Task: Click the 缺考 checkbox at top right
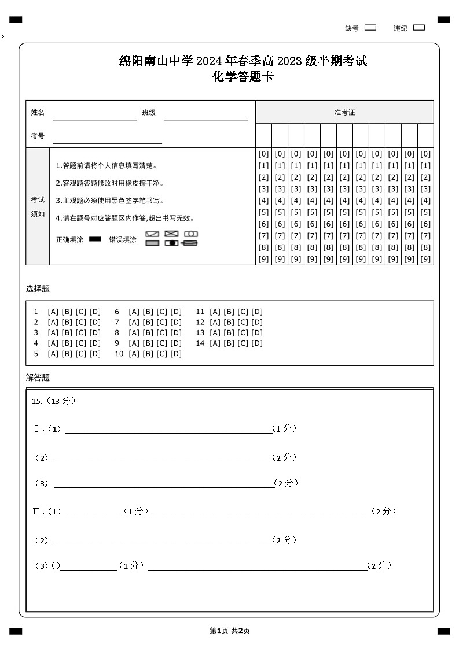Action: click(x=370, y=28)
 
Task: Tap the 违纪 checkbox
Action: click(x=419, y=28)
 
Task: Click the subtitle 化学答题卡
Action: click(x=243, y=76)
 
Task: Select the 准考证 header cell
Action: click(x=344, y=112)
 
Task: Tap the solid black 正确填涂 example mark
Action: click(x=95, y=239)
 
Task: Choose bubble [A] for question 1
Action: click(x=53, y=312)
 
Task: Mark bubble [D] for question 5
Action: click(x=95, y=354)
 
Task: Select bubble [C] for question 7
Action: click(x=162, y=322)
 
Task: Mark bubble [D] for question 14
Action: click(x=257, y=343)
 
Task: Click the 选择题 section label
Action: click(x=38, y=288)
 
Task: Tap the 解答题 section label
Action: click(x=38, y=377)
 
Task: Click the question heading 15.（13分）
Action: click(x=54, y=401)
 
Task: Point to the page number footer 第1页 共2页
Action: click(x=230, y=631)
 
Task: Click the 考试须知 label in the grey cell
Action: click(x=38, y=206)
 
